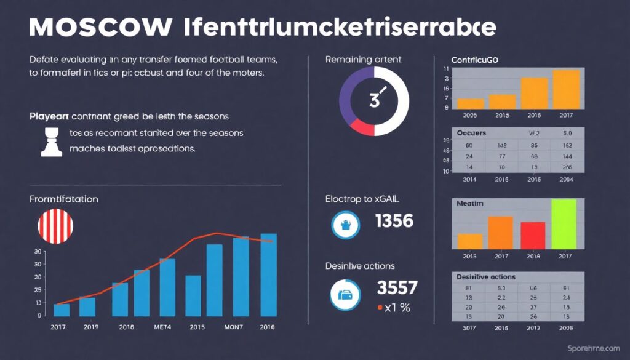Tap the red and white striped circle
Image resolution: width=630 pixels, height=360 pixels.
click(x=55, y=226)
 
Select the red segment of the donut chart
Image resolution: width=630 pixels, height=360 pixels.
click(x=362, y=127)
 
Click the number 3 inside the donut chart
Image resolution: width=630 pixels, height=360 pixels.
click(x=374, y=100)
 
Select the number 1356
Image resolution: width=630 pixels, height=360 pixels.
click(x=394, y=220)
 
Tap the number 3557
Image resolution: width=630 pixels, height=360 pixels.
click(x=397, y=287)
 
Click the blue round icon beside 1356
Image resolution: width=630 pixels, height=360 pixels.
click(x=345, y=225)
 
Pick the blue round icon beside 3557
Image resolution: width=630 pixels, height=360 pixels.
click(x=345, y=295)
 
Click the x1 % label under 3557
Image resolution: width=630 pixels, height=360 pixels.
click(x=394, y=308)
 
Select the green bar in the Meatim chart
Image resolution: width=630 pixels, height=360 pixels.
click(x=564, y=223)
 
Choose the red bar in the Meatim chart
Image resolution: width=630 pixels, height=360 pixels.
click(x=533, y=234)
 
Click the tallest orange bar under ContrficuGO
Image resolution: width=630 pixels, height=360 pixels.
click(x=566, y=89)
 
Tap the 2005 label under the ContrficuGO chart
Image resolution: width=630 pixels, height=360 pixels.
click(x=471, y=115)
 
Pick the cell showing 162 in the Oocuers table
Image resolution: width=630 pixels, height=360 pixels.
click(x=567, y=145)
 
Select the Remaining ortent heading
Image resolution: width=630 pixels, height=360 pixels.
click(x=363, y=60)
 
